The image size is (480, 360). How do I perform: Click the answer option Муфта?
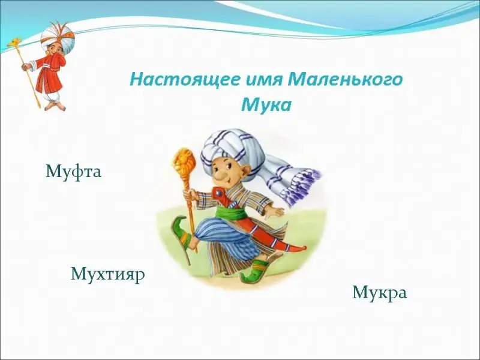point(73,172)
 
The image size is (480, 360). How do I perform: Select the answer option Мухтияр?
point(108,274)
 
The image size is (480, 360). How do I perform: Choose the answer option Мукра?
point(380,293)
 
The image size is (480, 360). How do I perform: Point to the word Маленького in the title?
point(344,80)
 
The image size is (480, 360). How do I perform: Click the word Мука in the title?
point(266,106)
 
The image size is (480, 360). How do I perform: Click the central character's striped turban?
point(233,147)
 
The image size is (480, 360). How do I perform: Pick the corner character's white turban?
point(58,37)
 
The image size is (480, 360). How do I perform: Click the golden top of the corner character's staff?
point(16,42)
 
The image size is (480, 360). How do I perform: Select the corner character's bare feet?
point(56,106)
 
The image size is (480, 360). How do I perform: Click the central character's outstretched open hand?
point(278,211)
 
